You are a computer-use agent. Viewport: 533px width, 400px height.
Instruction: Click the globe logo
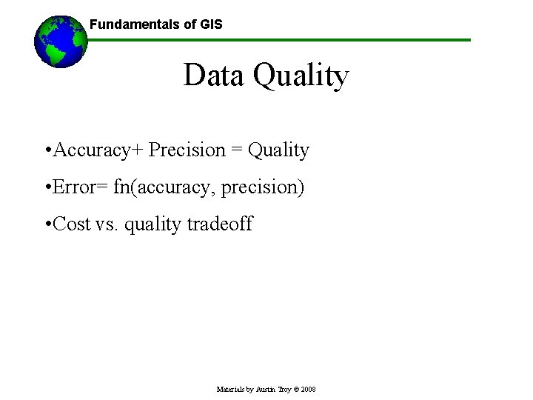pos(61,41)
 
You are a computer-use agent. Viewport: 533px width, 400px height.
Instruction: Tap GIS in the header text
pos(211,24)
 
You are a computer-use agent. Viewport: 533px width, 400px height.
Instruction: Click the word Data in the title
pos(214,76)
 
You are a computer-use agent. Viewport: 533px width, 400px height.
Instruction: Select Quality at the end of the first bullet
pos(278,150)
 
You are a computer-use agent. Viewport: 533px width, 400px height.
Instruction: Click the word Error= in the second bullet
pos(81,187)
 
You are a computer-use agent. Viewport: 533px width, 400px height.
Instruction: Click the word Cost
pos(72,224)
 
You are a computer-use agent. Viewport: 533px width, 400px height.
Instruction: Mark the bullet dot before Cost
pos(47,224)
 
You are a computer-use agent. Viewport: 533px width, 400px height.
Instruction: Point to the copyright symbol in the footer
pos(295,389)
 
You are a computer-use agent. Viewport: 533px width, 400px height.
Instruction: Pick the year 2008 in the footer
pos(308,389)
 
